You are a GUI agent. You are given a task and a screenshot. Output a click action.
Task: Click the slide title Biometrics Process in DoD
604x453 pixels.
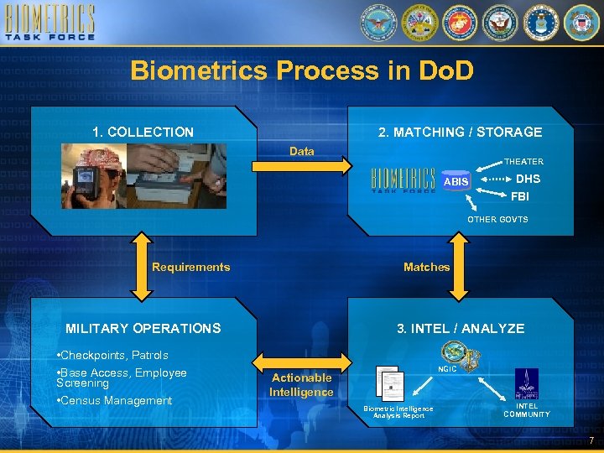pos(302,70)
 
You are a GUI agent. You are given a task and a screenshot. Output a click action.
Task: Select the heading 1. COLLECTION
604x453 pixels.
pos(143,132)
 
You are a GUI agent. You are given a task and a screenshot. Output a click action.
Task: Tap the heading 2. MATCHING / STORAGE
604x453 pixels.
pos(460,132)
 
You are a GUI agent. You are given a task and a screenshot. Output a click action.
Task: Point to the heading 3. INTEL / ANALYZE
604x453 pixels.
pos(460,328)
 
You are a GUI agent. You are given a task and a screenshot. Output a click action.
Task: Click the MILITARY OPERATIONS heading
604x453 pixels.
pos(143,328)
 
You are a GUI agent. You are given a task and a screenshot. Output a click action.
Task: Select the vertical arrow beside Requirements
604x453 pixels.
pos(141,268)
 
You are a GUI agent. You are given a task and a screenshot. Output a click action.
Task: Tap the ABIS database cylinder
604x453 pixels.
pos(456,181)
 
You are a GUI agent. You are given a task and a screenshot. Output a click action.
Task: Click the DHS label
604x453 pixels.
pos(528,179)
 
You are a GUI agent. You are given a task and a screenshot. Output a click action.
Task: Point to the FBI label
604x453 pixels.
pos(520,197)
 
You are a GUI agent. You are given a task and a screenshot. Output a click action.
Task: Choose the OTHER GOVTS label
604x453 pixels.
pos(497,219)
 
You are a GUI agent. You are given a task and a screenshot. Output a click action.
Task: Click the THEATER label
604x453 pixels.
pos(523,161)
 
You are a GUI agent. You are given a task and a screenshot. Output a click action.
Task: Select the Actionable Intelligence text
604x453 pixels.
pos(301,384)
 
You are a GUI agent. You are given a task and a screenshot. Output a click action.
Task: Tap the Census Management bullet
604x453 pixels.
pos(114,400)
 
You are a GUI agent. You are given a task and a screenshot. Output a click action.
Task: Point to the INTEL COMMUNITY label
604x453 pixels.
pos(527,409)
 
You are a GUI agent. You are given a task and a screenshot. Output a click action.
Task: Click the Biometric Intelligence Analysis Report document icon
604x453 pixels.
pos(390,385)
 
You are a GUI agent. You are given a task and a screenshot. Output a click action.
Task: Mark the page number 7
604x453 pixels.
pos(591,441)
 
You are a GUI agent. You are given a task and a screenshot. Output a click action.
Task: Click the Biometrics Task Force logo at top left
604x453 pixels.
pos(50,23)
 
